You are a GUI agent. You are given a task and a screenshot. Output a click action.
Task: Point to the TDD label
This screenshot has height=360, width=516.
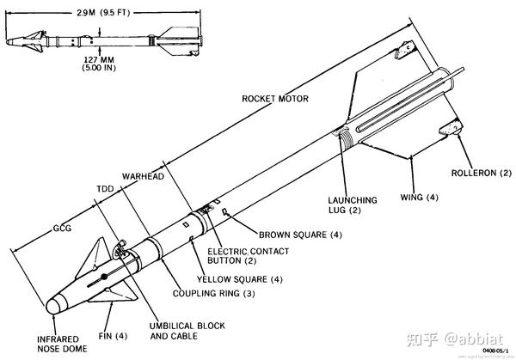103,186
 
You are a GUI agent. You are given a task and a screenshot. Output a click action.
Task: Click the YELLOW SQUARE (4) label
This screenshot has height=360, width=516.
239,278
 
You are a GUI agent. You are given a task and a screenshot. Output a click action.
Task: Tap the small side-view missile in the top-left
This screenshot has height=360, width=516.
101,40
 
